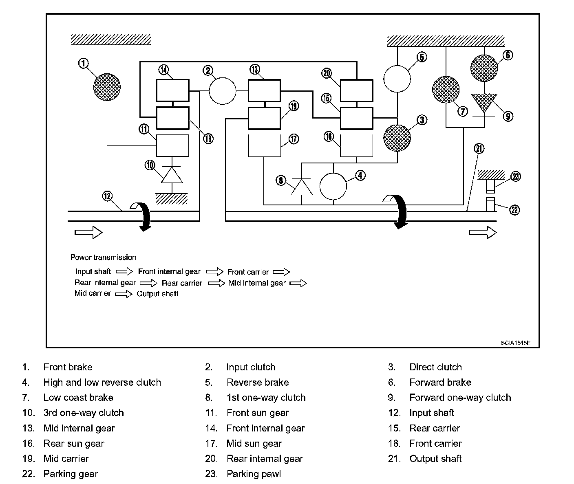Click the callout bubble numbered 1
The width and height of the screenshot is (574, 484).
point(83,63)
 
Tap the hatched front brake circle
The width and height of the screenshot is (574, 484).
point(107,87)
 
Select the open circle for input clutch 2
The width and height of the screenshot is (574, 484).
point(223,90)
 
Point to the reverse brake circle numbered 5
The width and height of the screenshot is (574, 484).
point(397,79)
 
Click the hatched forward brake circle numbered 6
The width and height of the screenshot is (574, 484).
point(484,68)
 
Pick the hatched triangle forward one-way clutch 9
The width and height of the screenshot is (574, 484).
point(484,102)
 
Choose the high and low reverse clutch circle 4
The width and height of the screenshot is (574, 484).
point(333,186)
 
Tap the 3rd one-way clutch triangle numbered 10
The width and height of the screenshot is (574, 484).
point(172,175)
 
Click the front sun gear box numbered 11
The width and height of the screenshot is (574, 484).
point(172,145)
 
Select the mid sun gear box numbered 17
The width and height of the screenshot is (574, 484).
point(265,145)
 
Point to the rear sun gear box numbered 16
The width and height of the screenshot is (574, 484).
point(356,145)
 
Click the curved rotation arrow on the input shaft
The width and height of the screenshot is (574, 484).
point(142,216)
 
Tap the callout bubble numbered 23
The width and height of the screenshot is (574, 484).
point(516,176)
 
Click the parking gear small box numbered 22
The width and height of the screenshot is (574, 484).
point(490,205)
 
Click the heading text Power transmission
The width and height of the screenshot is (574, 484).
point(103,257)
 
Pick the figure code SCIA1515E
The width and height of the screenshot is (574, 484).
point(516,343)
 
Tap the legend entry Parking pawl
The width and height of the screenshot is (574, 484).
point(254,474)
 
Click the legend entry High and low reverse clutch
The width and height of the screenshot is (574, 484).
point(102,382)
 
